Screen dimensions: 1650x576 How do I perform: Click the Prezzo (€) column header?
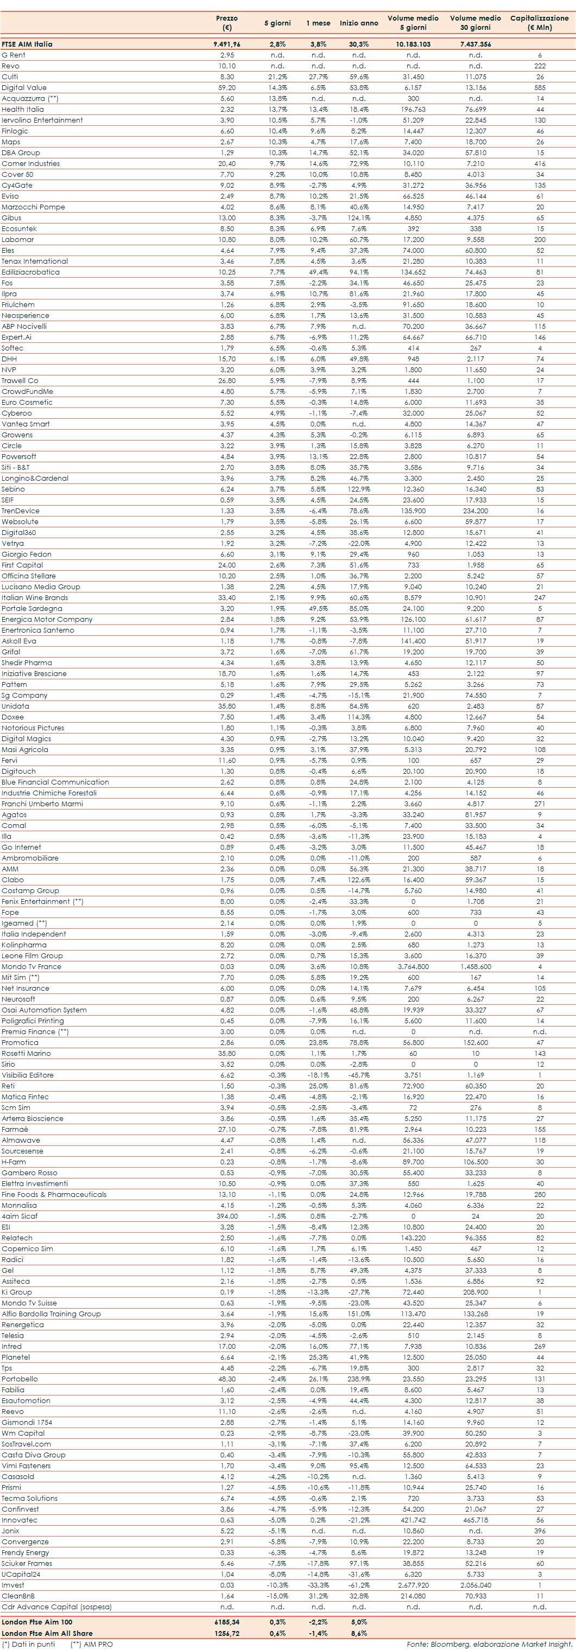(226, 22)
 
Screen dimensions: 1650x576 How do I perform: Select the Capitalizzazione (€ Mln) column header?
(539, 22)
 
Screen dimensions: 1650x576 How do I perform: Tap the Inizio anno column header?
(359, 23)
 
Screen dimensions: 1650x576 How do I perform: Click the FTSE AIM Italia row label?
(27, 44)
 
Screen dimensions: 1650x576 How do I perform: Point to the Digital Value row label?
(24, 88)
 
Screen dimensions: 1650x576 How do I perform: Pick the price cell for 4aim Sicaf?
(226, 1216)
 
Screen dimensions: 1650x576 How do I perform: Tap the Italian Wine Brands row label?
(35, 597)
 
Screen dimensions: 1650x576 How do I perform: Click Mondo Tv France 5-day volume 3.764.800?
(413, 966)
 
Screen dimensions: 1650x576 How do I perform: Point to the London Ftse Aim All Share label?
(47, 1633)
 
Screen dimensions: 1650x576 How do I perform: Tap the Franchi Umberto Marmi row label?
(42, 804)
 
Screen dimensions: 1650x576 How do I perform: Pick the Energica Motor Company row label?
(47, 620)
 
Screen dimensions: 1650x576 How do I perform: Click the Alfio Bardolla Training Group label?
(51, 1314)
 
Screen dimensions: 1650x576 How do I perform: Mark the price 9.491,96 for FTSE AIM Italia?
(226, 44)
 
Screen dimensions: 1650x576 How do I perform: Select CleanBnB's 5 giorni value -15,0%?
(277, 1596)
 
